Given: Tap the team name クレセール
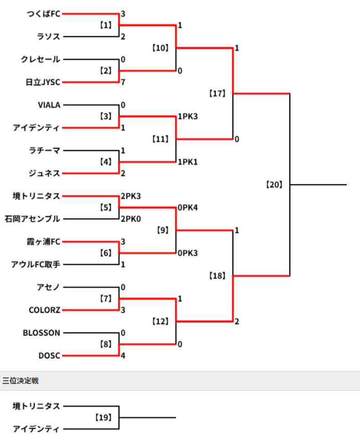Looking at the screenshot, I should click(40, 60).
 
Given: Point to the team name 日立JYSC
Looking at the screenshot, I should click(42, 82).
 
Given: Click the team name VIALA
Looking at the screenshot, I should click(49, 105).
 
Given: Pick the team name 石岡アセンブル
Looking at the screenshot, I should click(32, 219).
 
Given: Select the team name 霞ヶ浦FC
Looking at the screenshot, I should click(43, 242).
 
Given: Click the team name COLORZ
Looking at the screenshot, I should click(44, 310).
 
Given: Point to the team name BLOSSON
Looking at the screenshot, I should click(41, 333).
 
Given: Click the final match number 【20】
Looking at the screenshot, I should click(274, 185).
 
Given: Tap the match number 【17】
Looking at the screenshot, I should click(217, 94).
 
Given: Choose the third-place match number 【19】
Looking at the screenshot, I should click(103, 417).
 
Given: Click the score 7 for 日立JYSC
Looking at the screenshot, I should click(123, 82).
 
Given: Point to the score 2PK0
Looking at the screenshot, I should click(131, 219).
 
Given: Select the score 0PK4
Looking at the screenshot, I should click(188, 208).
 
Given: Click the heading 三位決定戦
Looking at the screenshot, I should click(21, 381).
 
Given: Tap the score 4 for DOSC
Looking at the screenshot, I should click(123, 356).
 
